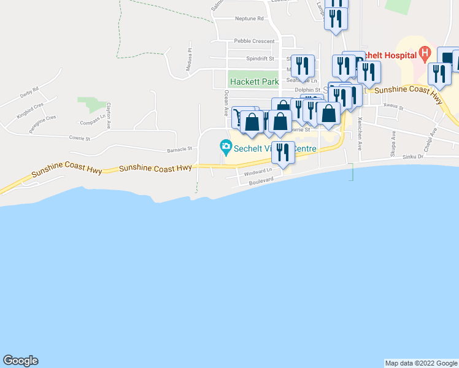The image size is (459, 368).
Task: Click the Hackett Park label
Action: [254, 81]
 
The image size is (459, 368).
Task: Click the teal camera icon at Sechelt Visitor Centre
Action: [226, 146]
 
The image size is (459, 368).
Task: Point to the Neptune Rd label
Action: [249, 18]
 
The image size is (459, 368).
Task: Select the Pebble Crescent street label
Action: [254, 41]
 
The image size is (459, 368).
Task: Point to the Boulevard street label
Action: [261, 182]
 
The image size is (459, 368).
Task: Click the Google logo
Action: [20, 361]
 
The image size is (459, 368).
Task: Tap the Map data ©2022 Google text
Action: [420, 363]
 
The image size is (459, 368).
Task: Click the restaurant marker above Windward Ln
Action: [282, 152]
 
